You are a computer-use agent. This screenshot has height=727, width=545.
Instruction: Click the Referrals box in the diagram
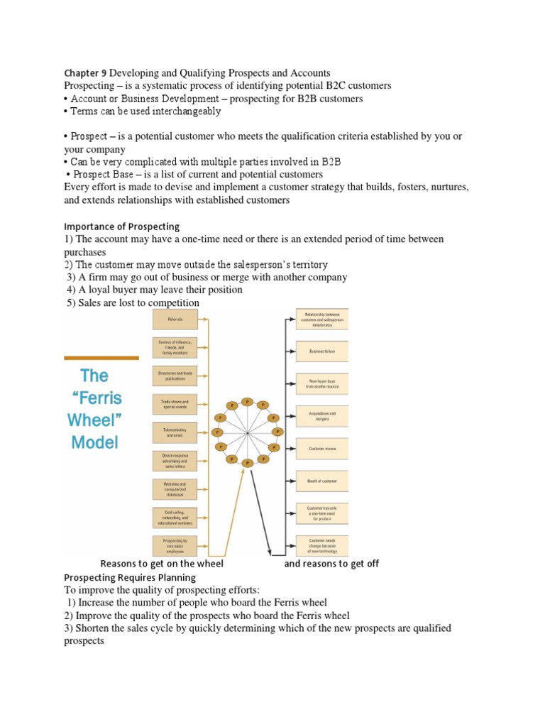click(175, 319)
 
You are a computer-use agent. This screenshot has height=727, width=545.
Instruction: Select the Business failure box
click(322, 351)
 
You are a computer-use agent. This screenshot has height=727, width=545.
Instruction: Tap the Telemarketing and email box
click(175, 432)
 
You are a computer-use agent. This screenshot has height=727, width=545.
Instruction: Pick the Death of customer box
click(322, 481)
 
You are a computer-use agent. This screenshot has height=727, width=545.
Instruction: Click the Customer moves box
click(322, 449)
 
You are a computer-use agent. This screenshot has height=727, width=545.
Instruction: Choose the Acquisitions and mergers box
click(322, 416)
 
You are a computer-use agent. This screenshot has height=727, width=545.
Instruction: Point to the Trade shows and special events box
click(175, 404)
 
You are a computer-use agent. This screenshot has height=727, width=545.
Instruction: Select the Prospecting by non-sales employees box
click(175, 545)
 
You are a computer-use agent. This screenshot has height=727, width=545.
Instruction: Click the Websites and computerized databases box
click(175, 488)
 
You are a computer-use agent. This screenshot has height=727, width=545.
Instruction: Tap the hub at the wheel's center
click(247, 432)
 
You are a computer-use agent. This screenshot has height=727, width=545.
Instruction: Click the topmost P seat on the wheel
click(247, 401)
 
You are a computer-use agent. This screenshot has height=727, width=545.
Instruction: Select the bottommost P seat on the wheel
click(247, 463)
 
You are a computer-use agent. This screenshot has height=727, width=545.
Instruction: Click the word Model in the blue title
click(94, 442)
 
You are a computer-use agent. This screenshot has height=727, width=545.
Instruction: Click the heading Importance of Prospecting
click(121, 226)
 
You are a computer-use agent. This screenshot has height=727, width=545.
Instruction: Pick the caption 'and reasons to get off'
click(331, 564)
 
